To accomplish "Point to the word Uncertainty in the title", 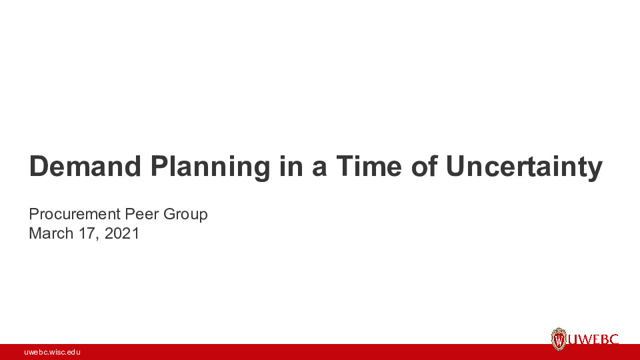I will click(524, 167).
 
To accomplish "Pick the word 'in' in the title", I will click(291, 167).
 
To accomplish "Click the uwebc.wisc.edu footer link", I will click(52, 352).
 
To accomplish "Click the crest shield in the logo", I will click(559, 339).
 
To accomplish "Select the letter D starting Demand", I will click(39, 167).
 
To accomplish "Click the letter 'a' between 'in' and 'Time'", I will click(319, 167).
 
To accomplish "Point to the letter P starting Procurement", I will click(33, 214).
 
